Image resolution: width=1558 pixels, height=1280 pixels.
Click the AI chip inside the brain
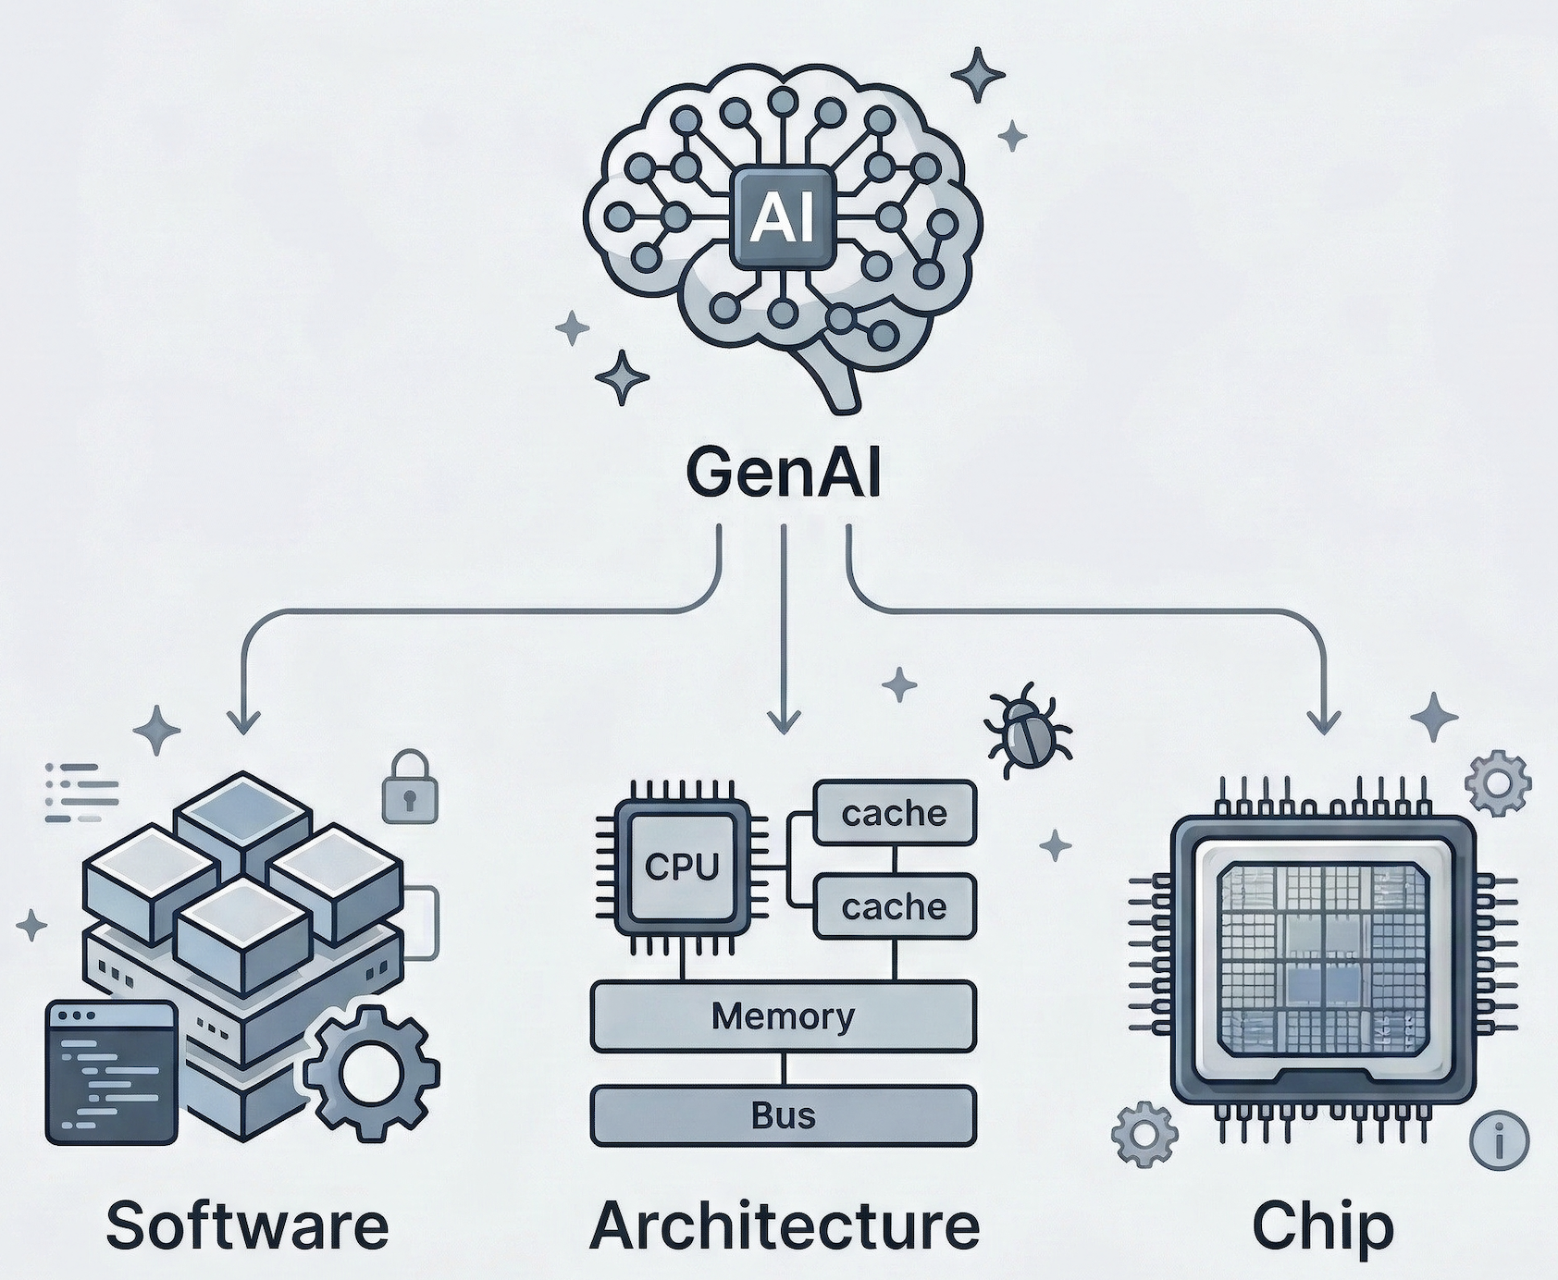coord(784,218)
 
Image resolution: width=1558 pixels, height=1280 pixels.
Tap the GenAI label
coord(783,474)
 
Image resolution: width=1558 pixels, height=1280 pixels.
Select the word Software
coord(247,1225)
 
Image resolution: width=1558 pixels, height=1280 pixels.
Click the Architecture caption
coord(784,1225)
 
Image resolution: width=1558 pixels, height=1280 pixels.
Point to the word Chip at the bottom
coord(1322,1225)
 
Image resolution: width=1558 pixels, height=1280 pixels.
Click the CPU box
coord(682,867)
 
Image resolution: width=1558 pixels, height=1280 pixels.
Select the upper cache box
coord(894,813)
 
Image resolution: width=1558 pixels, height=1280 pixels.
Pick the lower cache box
coord(894,906)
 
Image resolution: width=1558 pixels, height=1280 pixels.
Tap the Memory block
coord(783,1016)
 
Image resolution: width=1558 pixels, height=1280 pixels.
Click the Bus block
coord(783,1115)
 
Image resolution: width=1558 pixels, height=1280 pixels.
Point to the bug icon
coord(1027,729)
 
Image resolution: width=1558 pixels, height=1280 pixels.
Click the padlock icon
coord(410,787)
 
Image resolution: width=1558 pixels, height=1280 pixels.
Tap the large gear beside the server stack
coord(371,1073)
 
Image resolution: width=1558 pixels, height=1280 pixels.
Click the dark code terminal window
coord(111,1073)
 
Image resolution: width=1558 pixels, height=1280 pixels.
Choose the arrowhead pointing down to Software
coord(243,721)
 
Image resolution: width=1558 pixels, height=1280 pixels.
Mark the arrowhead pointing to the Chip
coord(1326,721)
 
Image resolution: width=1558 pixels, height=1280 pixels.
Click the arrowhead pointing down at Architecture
coord(784,721)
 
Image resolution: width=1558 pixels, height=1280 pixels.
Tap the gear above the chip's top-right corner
coord(1498,784)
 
